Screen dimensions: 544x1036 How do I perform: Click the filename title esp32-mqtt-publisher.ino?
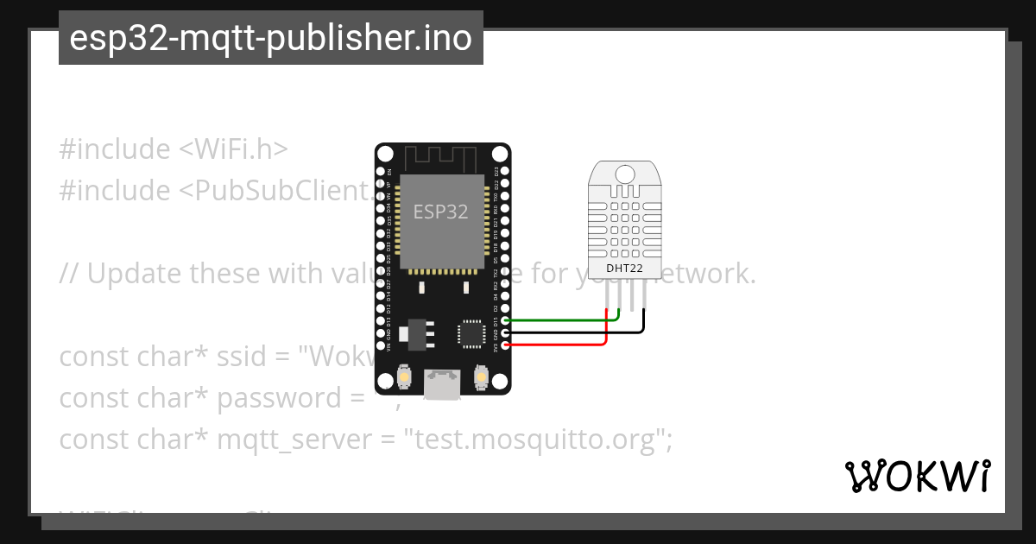pyautogui.click(x=270, y=39)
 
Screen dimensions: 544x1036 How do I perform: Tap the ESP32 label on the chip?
pyautogui.click(x=440, y=212)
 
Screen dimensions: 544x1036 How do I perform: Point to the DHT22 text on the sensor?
pyautogui.click(x=624, y=269)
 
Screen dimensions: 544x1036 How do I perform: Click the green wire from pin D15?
pyautogui.click(x=561, y=319)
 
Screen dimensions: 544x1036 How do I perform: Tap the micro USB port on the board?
pyautogui.click(x=442, y=385)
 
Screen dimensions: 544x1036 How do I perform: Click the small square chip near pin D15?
pyautogui.click(x=471, y=333)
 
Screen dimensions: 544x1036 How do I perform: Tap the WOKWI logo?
pyautogui.click(x=918, y=476)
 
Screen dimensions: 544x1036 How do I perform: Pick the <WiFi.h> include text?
pyautogui.click(x=233, y=149)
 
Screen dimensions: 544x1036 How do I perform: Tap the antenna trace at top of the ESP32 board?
pyautogui.click(x=441, y=158)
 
